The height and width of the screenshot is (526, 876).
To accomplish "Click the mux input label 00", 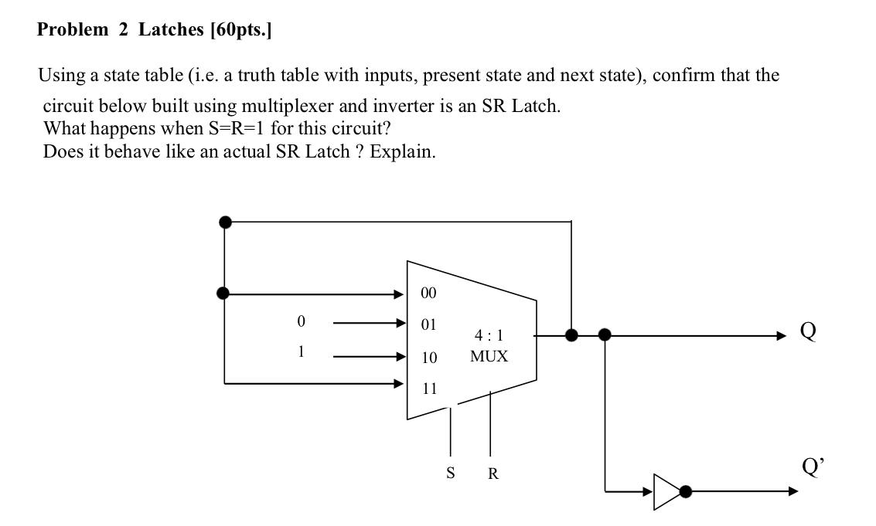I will pyautogui.click(x=428, y=294).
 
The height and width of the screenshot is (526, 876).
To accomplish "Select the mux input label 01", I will pyautogui.click(x=428, y=324).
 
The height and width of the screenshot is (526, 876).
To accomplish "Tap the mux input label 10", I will pyautogui.click(x=428, y=358).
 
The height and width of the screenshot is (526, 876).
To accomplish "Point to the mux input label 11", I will pyautogui.click(x=428, y=389).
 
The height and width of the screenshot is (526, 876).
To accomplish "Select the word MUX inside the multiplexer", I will pyautogui.click(x=489, y=357).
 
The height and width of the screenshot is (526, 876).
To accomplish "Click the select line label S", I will pyautogui.click(x=450, y=473).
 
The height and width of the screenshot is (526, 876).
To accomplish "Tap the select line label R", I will pyautogui.click(x=493, y=473).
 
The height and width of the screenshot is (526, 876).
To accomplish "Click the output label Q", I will pyautogui.click(x=807, y=331).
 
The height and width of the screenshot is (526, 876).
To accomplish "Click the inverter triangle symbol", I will pyautogui.click(x=666, y=491).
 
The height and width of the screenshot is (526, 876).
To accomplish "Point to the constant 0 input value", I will pyautogui.click(x=301, y=321).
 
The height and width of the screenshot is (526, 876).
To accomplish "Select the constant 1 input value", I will pyautogui.click(x=301, y=351).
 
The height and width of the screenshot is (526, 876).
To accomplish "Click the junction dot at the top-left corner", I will pyautogui.click(x=225, y=222).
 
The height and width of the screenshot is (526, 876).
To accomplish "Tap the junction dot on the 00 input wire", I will pyautogui.click(x=223, y=294).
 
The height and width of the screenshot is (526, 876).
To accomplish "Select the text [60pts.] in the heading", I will pyautogui.click(x=240, y=30).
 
